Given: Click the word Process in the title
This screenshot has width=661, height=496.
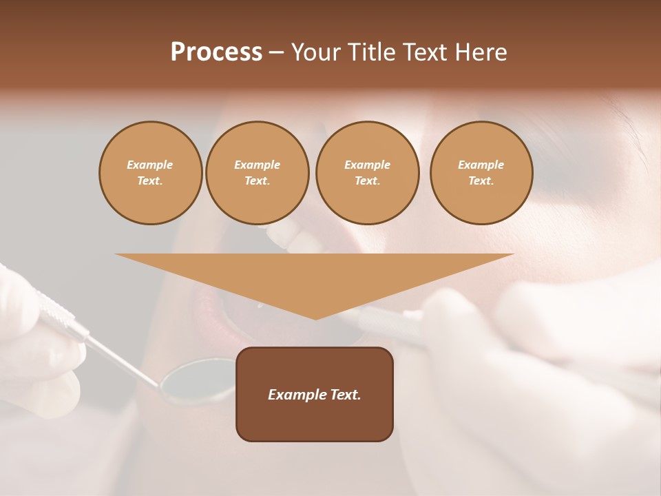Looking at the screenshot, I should click(x=216, y=52).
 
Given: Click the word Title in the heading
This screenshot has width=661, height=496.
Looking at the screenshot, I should click(x=372, y=52).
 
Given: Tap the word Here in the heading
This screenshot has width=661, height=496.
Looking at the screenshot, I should click(x=481, y=52).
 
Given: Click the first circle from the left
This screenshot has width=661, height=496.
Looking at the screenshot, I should click(x=151, y=173).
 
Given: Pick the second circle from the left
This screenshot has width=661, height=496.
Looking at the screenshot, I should click(x=258, y=173).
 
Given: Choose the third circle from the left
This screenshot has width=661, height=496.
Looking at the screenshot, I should click(x=368, y=173).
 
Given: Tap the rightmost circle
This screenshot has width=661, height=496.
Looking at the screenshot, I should click(x=481, y=173).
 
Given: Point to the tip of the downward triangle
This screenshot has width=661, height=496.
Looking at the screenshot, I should click(x=315, y=318).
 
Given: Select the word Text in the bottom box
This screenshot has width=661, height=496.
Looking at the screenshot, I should click(x=344, y=395).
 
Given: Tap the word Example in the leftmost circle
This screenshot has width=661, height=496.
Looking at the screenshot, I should click(x=150, y=165).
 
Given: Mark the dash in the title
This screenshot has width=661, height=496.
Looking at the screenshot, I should click(x=277, y=52).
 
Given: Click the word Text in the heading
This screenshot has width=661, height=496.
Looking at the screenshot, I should click(x=425, y=52).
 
